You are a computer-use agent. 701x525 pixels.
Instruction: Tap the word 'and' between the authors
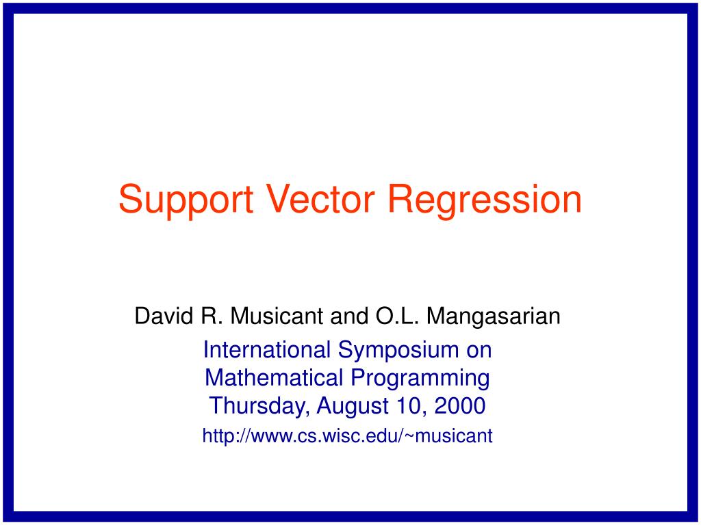(x=350, y=316)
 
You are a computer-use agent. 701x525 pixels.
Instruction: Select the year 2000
(x=459, y=406)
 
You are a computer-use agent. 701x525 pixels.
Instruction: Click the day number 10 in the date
(x=409, y=406)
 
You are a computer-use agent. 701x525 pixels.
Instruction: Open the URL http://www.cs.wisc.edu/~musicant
(x=347, y=435)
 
